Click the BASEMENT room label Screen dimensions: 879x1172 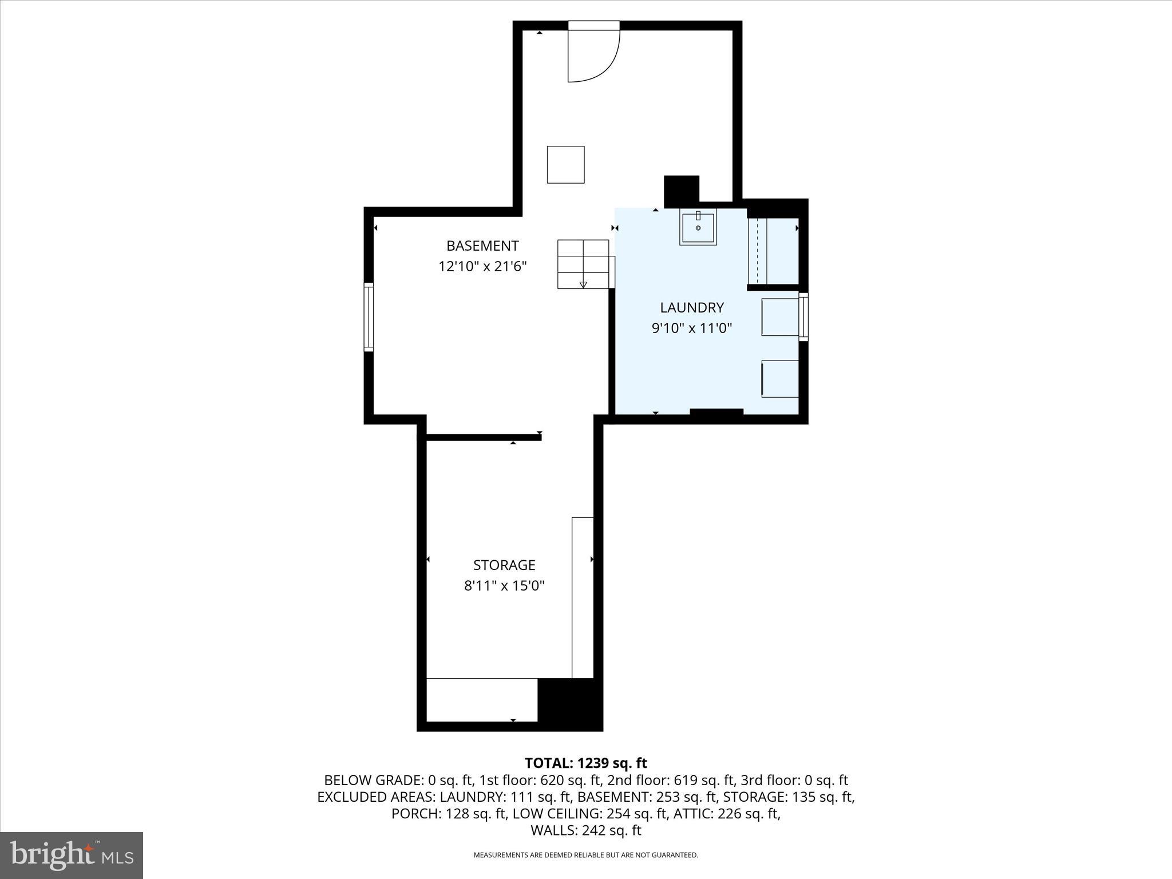(482, 246)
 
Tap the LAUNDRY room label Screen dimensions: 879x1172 (692, 308)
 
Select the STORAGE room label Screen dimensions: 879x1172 (504, 565)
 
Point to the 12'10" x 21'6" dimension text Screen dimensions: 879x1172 (482, 267)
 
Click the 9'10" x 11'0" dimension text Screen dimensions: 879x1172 (692, 328)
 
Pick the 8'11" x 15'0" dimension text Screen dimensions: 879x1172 (504, 586)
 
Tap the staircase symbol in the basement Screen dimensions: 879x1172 (583, 264)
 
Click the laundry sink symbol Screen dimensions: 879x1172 (698, 228)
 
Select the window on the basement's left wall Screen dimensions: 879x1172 (369, 317)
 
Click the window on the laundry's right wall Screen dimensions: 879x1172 (803, 317)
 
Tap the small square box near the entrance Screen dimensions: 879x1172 (565, 165)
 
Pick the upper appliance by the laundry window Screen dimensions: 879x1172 (780, 317)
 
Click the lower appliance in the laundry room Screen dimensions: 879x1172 (780, 379)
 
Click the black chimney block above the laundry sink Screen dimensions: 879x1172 (682, 191)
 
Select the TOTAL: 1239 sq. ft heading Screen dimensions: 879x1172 (585, 763)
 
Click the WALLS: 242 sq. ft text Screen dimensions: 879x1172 (585, 830)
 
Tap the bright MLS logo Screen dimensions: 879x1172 (72, 856)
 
